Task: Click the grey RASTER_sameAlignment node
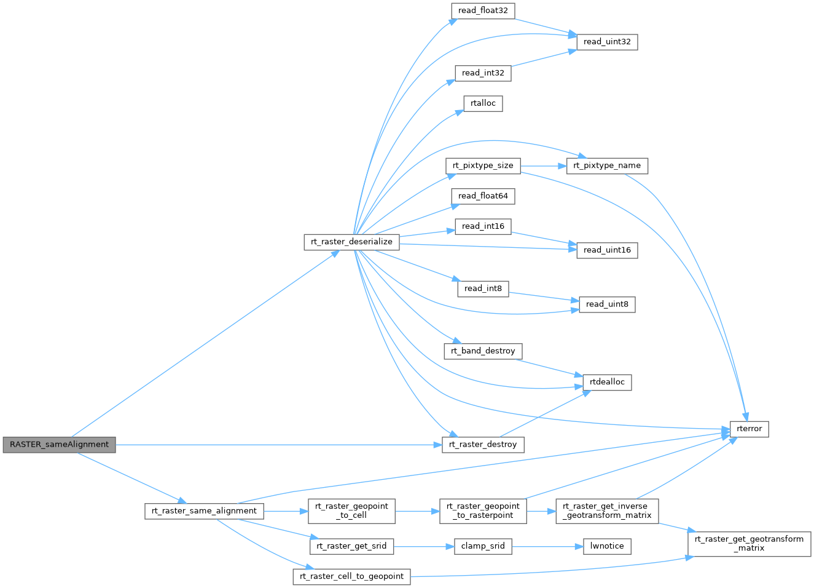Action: pyautogui.click(x=59, y=445)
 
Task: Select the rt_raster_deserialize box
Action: pyautogui.click(x=351, y=242)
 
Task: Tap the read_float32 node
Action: pyautogui.click(x=483, y=10)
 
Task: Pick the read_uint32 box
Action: pyautogui.click(x=607, y=42)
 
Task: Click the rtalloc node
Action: pyautogui.click(x=483, y=103)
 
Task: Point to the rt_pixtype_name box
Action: pyautogui.click(x=607, y=165)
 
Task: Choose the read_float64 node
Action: pyautogui.click(x=483, y=196)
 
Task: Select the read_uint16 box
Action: pyautogui.click(x=607, y=250)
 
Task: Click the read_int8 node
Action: pyautogui.click(x=483, y=288)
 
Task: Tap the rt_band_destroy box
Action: pyautogui.click(x=483, y=351)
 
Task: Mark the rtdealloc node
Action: pyautogui.click(x=607, y=382)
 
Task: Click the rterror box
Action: pyautogui.click(x=749, y=429)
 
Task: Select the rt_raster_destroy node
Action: pyautogui.click(x=483, y=445)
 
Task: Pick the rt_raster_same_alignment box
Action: pyautogui.click(x=204, y=511)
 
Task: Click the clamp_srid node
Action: pyautogui.click(x=483, y=546)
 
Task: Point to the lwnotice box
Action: pyautogui.click(x=607, y=546)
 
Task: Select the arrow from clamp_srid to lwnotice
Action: pyautogui.click(x=547, y=546)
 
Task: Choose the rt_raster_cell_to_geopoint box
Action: pyautogui.click(x=351, y=576)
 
